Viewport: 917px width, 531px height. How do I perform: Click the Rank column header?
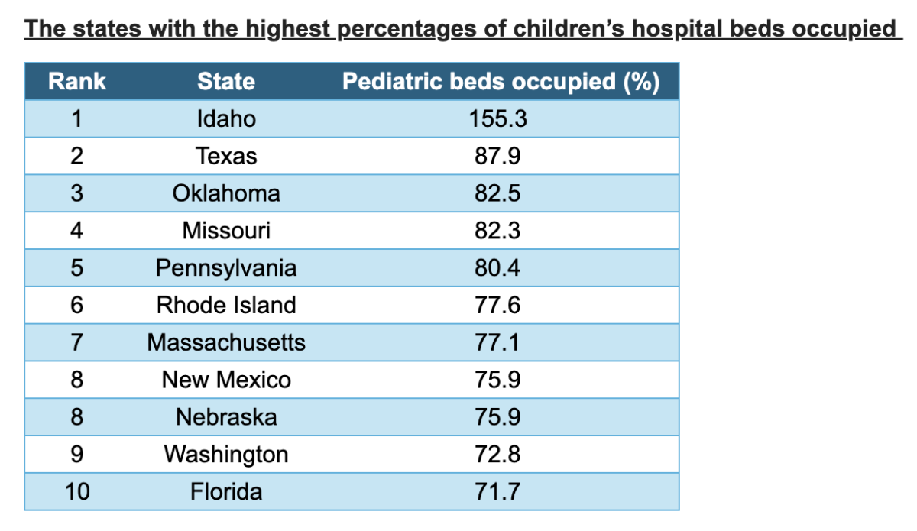click(x=77, y=82)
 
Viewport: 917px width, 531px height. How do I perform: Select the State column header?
click(x=226, y=82)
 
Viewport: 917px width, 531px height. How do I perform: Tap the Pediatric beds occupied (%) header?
click(x=501, y=82)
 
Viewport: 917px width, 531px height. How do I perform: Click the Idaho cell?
click(x=226, y=119)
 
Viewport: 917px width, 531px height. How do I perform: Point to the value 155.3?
click(x=497, y=119)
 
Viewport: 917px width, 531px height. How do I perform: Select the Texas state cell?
click(x=226, y=157)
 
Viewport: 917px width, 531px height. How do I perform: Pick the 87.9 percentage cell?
click(x=497, y=157)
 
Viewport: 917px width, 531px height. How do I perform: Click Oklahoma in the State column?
click(x=226, y=193)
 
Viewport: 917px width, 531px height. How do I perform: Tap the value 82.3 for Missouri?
click(x=497, y=231)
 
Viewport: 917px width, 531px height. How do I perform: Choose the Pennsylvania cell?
click(x=226, y=268)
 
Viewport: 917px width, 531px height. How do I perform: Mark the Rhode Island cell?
click(x=226, y=306)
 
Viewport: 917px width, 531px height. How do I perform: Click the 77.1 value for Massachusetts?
click(x=497, y=342)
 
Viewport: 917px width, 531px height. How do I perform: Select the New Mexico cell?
click(x=226, y=380)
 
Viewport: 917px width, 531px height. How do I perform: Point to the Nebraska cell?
click(x=226, y=417)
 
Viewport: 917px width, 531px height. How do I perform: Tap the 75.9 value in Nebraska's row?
click(x=497, y=417)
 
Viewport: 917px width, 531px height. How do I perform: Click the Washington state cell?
click(x=226, y=455)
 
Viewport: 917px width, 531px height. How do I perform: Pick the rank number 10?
click(x=77, y=491)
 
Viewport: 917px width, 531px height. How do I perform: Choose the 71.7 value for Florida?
click(x=497, y=491)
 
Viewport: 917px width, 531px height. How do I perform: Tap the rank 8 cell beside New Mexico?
click(x=77, y=380)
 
